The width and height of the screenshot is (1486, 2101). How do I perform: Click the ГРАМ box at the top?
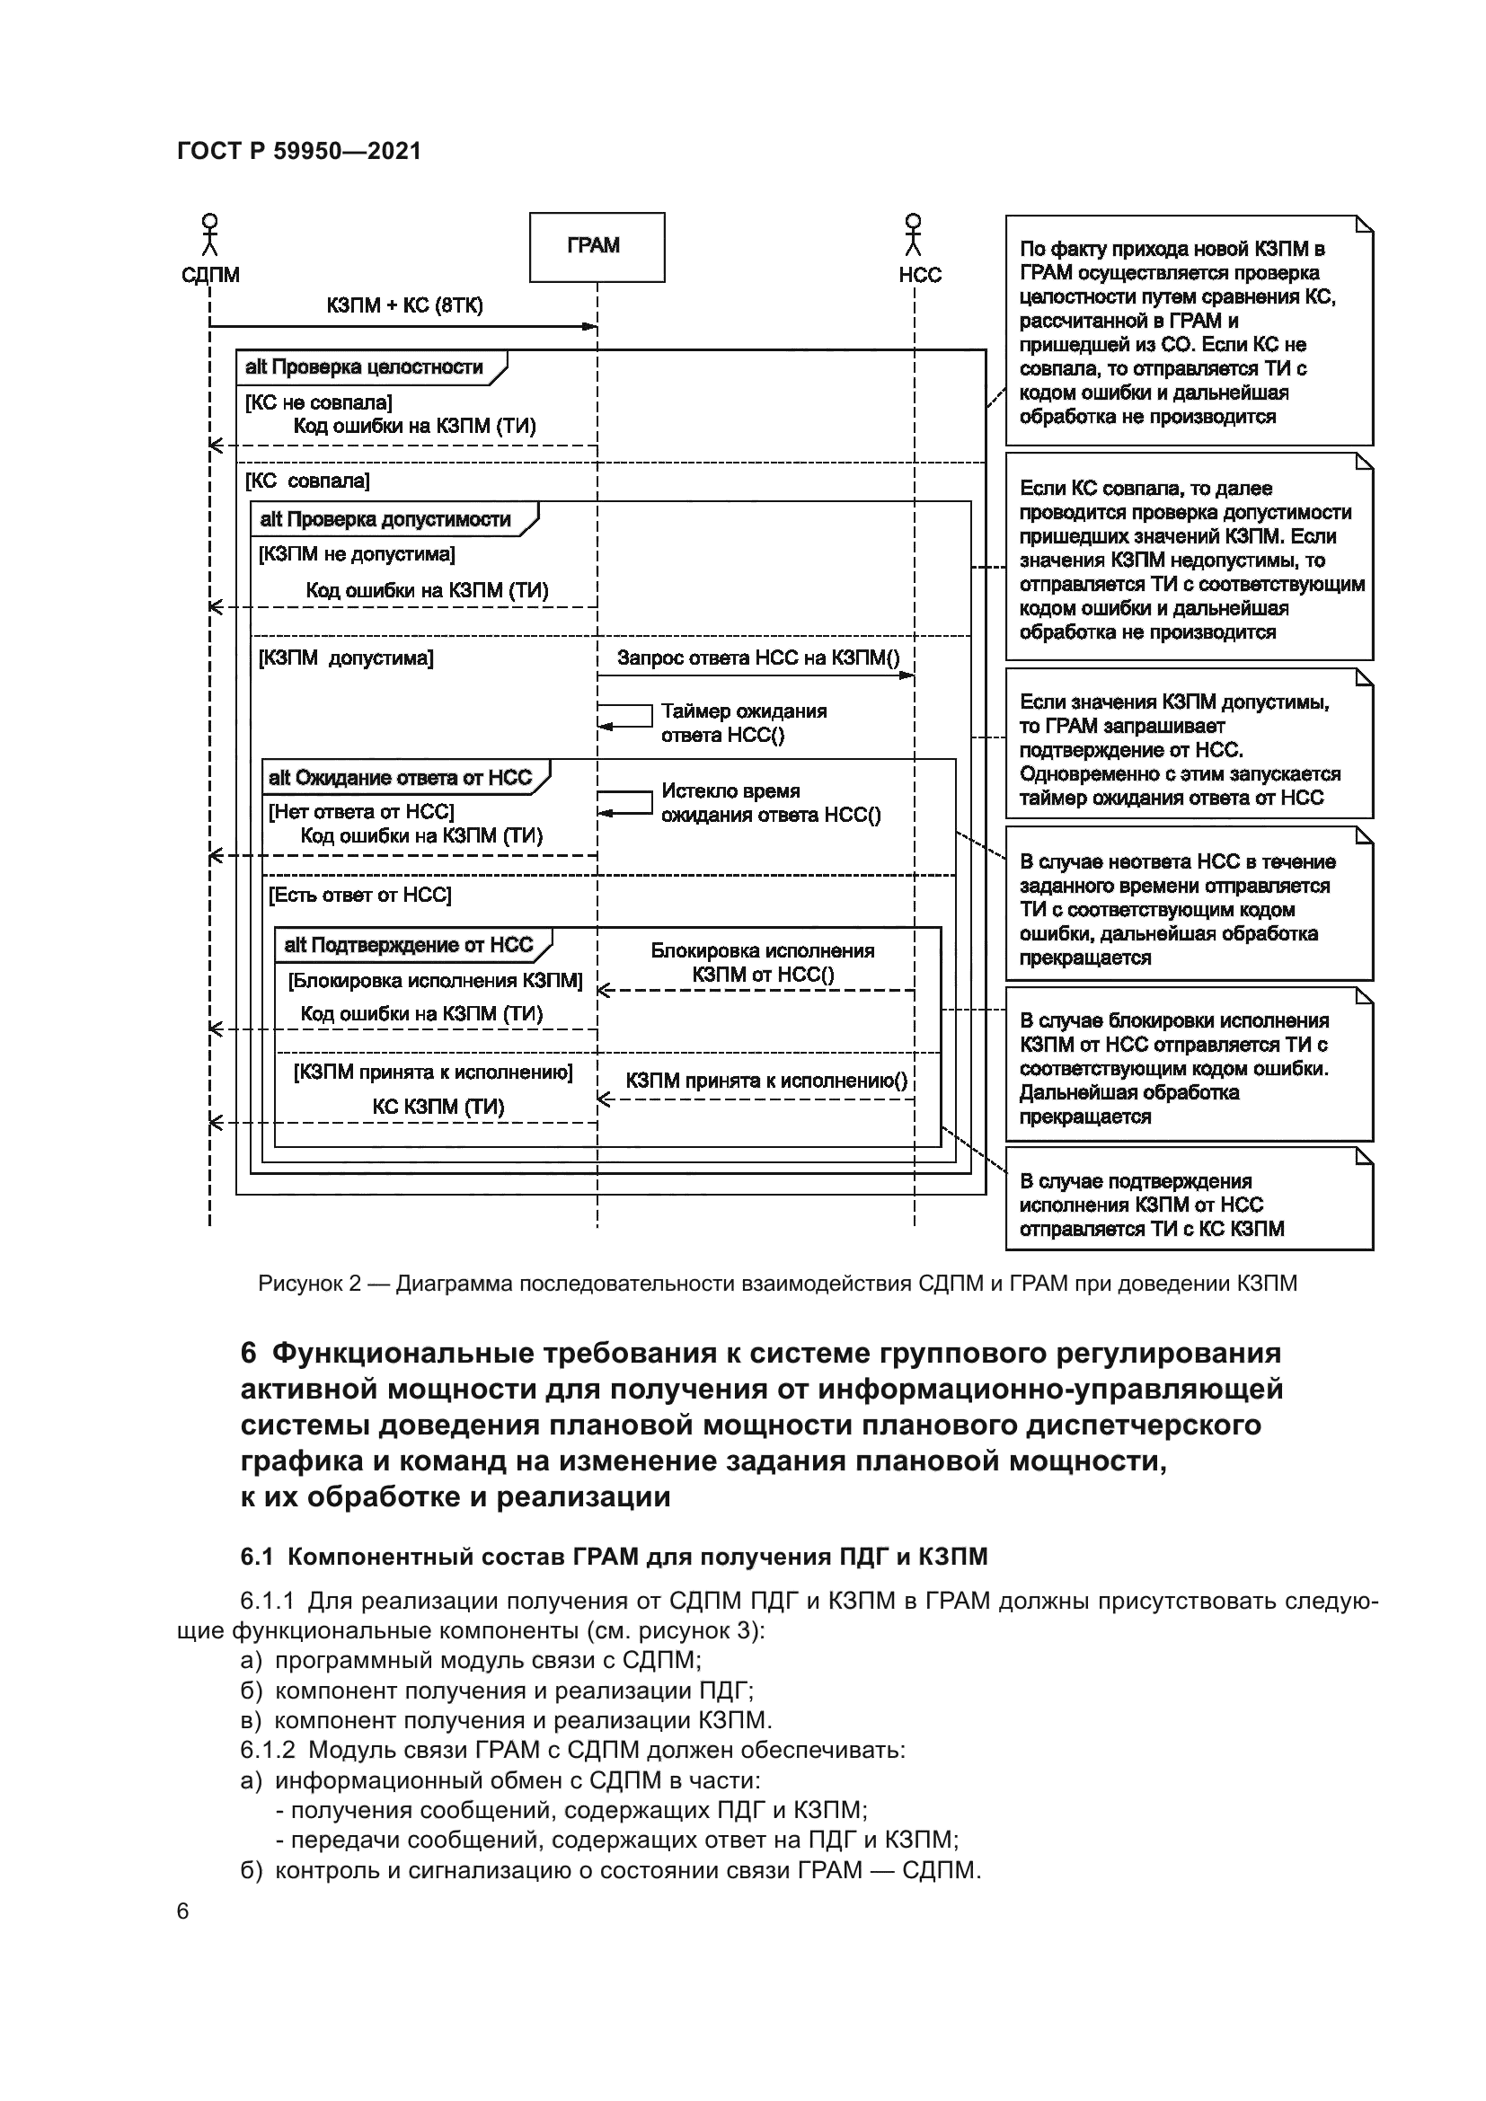point(597,247)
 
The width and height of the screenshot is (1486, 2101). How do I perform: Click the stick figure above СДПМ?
point(210,235)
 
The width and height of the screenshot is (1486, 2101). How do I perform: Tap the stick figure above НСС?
point(912,235)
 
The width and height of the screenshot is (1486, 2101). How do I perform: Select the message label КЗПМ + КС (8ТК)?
point(404,305)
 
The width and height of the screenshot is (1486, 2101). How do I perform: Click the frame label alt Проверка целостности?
point(364,368)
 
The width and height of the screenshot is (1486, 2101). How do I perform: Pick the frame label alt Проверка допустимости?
point(385,520)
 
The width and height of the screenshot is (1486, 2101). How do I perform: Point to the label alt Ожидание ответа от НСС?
point(400,778)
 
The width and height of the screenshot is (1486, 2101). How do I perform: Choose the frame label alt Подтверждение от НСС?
point(408,945)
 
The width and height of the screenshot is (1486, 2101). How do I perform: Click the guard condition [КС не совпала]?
point(318,402)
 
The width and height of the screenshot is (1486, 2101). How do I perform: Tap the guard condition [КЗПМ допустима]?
point(346,658)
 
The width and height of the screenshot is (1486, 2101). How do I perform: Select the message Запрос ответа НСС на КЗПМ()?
point(757,658)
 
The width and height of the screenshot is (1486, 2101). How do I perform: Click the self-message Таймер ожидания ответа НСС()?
point(743,723)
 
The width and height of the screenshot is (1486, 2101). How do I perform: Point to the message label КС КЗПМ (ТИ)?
point(438,1107)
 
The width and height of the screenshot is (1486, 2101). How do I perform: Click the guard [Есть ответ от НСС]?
point(359,895)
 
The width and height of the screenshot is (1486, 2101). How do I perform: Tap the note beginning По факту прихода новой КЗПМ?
point(1188,331)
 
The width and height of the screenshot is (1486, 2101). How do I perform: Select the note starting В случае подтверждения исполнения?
point(1188,1205)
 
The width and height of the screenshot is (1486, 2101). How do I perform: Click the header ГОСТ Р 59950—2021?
point(299,152)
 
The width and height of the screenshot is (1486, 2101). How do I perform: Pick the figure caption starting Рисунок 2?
point(777,1283)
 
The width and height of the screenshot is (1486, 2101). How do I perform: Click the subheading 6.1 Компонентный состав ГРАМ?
point(613,1557)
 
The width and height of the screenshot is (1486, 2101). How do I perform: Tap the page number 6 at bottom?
point(183,1911)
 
